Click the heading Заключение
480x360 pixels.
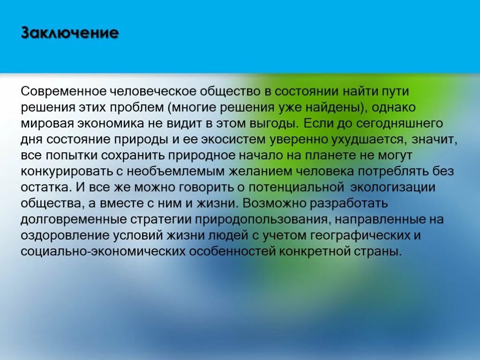pos(70,34)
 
